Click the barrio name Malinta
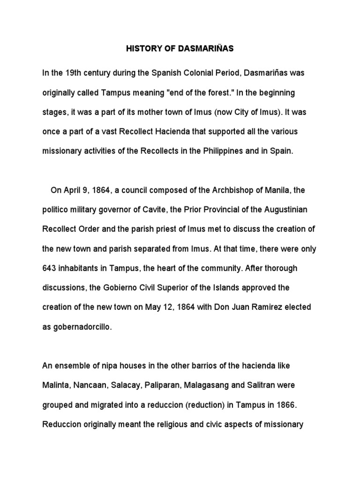(x=55, y=385)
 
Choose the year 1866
(x=283, y=405)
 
